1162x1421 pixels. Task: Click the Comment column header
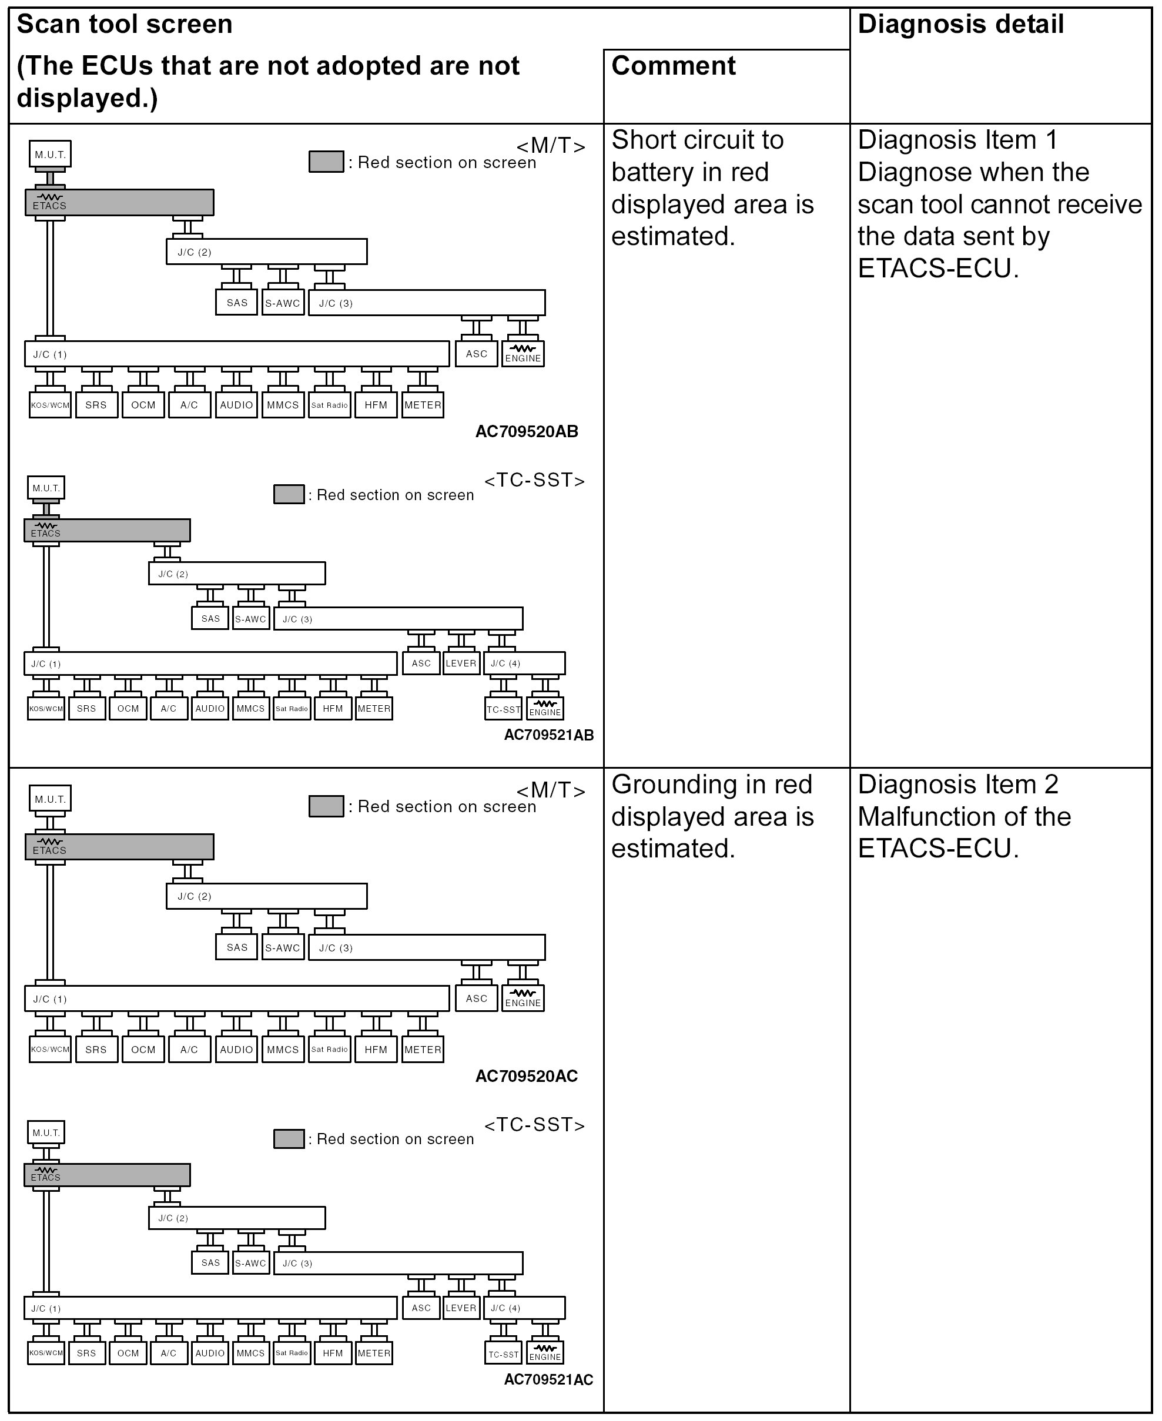click(x=674, y=66)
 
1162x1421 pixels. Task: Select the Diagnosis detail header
click(x=960, y=25)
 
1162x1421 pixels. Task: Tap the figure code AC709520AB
click(x=527, y=432)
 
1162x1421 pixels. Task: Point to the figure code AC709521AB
click(x=549, y=735)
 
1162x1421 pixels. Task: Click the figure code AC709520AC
click(x=527, y=1076)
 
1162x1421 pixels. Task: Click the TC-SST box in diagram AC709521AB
click(x=503, y=709)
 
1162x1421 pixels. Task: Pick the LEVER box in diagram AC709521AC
click(x=461, y=1308)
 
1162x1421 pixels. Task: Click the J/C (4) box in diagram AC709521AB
click(x=524, y=663)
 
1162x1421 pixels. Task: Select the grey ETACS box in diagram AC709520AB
click(x=119, y=202)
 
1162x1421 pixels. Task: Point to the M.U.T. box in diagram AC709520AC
click(x=50, y=799)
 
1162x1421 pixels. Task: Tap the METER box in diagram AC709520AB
click(x=423, y=405)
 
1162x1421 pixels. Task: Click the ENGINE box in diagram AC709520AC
click(x=523, y=998)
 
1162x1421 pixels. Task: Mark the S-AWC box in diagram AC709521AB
click(x=250, y=619)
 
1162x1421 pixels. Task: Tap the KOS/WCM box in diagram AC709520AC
click(x=50, y=1049)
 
